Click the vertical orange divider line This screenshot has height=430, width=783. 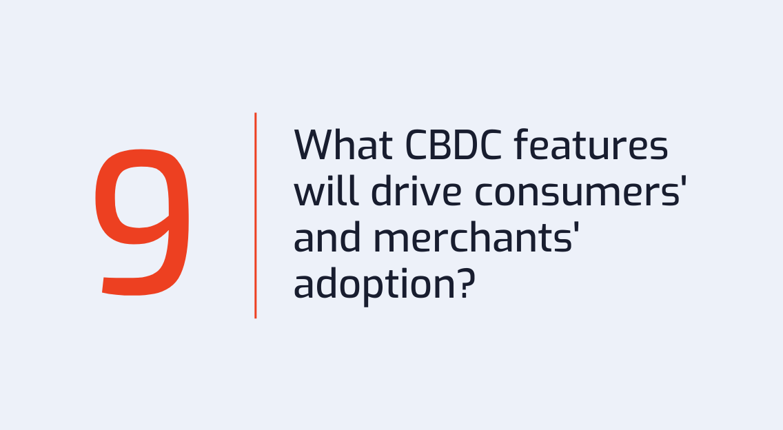pyautogui.click(x=256, y=216)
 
